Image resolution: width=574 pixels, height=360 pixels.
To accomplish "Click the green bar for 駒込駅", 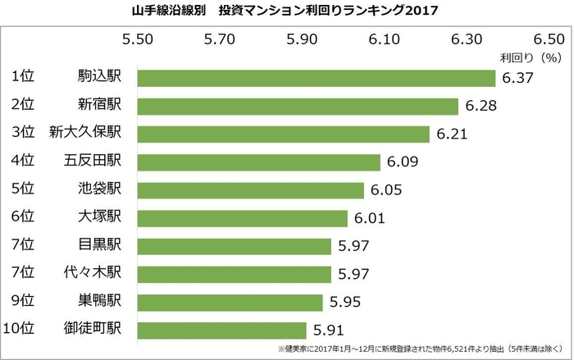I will click(x=316, y=78).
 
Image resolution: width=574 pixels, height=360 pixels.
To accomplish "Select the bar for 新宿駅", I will click(x=298, y=106).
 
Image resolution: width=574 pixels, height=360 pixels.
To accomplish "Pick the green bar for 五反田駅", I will click(x=258, y=162).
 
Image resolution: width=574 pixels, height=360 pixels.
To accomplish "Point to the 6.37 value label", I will click(x=517, y=79).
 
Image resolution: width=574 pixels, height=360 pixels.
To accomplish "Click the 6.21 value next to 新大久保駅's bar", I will click(x=452, y=134).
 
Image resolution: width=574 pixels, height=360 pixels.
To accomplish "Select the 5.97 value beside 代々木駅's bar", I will click(x=353, y=274).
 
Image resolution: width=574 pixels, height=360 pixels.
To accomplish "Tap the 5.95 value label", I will click(x=345, y=302).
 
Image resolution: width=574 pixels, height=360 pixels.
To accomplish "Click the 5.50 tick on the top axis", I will click(x=137, y=39).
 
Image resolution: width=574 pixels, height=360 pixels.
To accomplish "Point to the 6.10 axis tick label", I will click(x=384, y=39).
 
